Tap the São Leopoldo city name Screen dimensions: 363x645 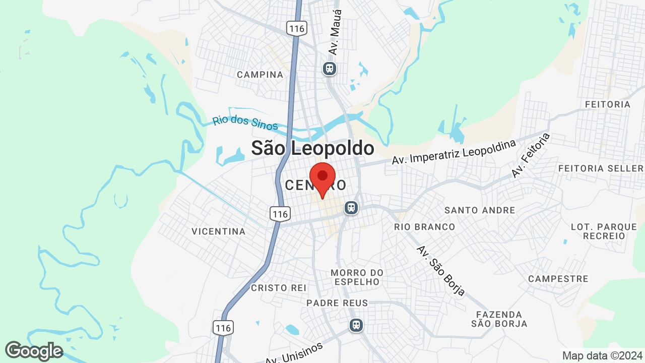(x=312, y=148)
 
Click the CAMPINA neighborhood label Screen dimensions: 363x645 (x=260, y=75)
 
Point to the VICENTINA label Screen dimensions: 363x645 (x=219, y=231)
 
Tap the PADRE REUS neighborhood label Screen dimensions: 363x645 (x=338, y=303)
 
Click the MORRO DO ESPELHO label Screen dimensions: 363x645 (x=357, y=277)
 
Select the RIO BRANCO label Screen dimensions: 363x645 (x=424, y=227)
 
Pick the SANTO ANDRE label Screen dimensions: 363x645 (x=480, y=210)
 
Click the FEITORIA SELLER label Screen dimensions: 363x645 (x=601, y=168)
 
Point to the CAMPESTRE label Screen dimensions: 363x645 (x=558, y=279)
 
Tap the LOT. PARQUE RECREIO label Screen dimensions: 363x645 (x=604, y=231)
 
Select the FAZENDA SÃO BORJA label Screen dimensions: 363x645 (x=499, y=319)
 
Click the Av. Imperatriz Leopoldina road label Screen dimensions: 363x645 (x=454, y=152)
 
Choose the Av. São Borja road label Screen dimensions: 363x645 (x=440, y=270)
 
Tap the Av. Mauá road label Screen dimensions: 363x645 (x=335, y=32)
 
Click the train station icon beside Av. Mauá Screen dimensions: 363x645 (x=330, y=68)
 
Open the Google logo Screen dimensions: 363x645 (x=34, y=351)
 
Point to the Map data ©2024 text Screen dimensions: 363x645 (x=603, y=355)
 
